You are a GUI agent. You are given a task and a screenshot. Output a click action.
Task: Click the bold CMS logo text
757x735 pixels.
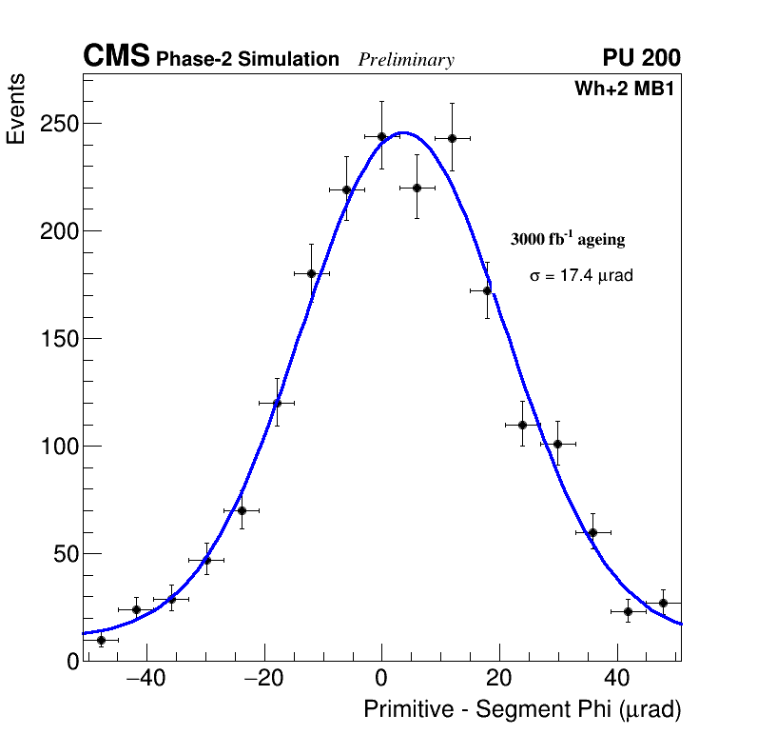(116, 57)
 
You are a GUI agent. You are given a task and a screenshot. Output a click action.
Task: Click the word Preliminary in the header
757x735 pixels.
(406, 60)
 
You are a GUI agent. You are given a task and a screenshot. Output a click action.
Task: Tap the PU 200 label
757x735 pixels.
(641, 58)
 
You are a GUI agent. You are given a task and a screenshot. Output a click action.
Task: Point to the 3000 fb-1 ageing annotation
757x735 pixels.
(568, 239)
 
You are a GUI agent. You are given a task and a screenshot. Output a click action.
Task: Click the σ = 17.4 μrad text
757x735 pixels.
(581, 275)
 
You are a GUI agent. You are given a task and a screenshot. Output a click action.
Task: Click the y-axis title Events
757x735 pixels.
(16, 108)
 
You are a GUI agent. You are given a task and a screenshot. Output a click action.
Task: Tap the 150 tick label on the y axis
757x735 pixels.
(59, 339)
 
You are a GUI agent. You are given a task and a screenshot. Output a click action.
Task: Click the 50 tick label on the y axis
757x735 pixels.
(65, 554)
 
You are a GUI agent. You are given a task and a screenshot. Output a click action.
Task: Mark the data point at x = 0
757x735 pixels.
(381, 136)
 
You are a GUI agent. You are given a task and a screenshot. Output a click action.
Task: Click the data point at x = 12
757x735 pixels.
(452, 138)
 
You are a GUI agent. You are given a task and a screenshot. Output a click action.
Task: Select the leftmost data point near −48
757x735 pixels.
(101, 640)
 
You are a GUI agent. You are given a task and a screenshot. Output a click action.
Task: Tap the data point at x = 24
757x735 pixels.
(522, 425)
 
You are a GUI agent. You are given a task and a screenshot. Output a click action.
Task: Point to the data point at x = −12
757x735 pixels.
(311, 273)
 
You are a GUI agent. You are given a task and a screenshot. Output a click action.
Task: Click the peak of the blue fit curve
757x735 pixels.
(402, 132)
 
